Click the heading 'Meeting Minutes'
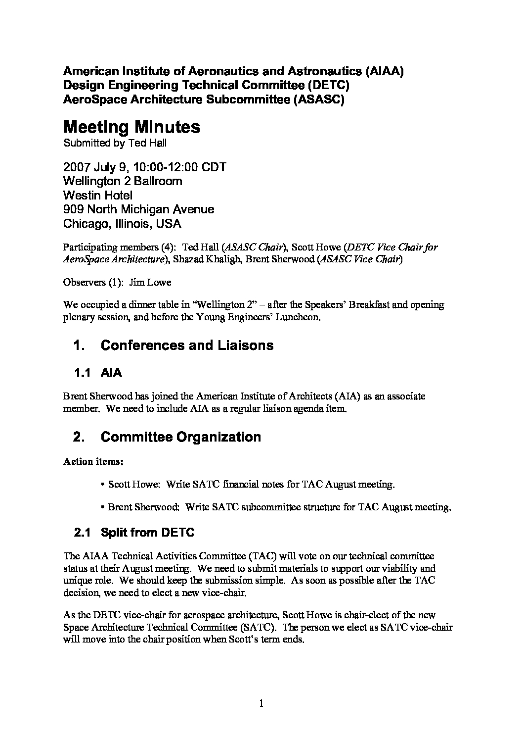coord(131,128)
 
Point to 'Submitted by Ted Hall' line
coord(115,144)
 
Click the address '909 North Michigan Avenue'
coord(139,209)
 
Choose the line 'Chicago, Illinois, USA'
coord(122,224)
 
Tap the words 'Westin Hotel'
coord(98,195)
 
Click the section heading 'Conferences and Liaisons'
coord(187,345)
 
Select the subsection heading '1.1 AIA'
coord(98,373)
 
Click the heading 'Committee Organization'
coord(180,437)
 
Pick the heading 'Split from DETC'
coord(147,533)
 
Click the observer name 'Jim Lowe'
coord(150,283)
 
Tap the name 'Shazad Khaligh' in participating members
coord(208,259)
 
